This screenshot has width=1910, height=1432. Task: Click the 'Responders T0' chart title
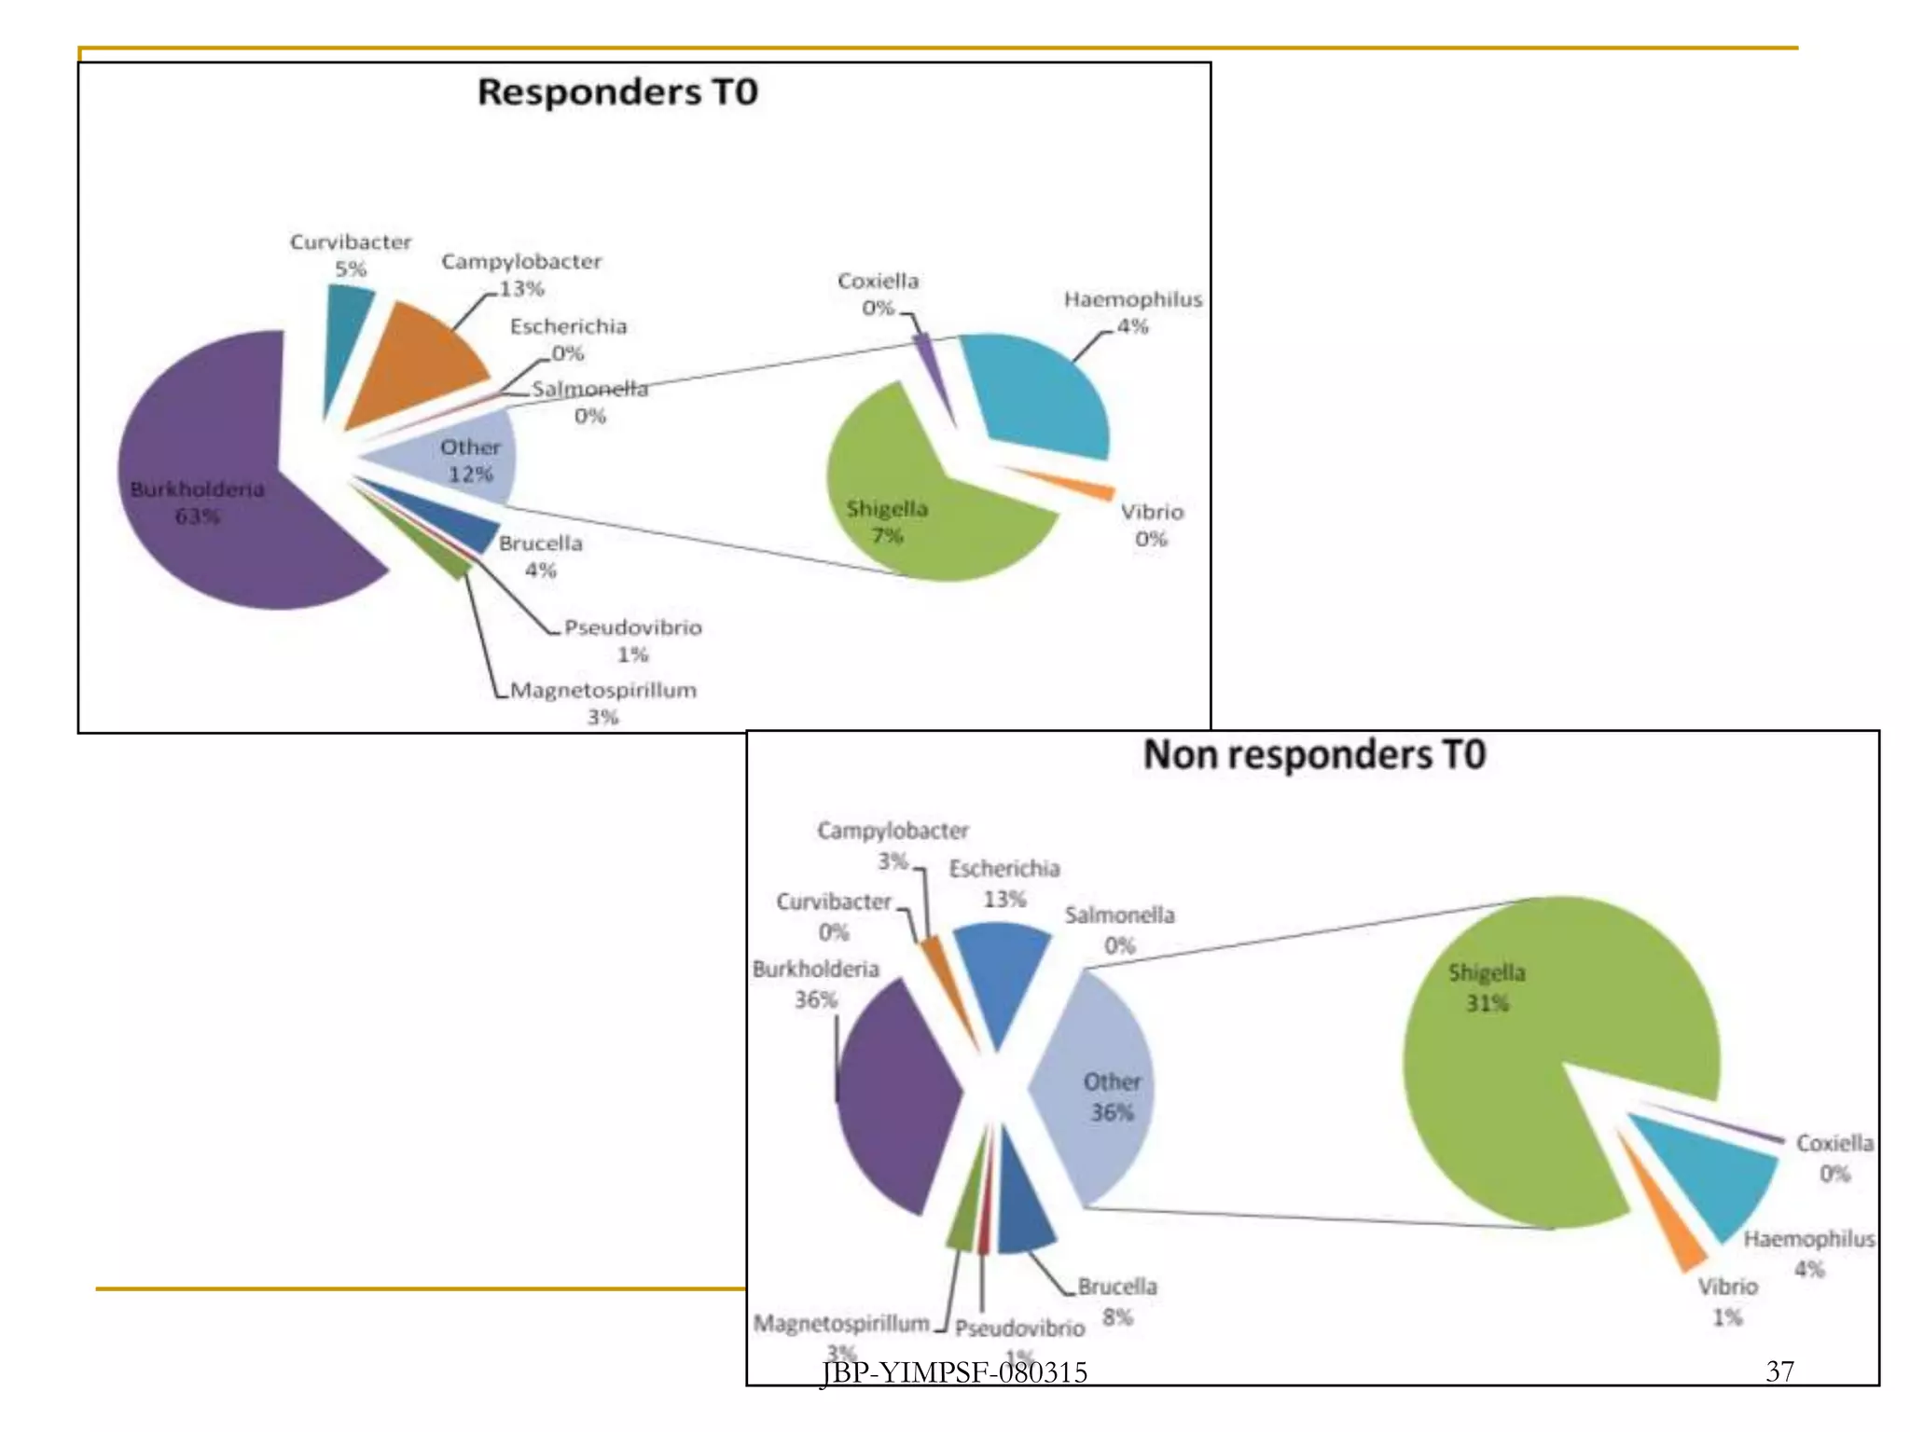click(617, 92)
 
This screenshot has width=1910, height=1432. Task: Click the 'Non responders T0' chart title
click(1314, 754)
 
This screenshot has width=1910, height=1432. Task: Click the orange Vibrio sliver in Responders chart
click(1073, 483)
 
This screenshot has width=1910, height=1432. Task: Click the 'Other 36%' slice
click(1100, 1091)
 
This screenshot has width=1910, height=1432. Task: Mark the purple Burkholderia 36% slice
click(895, 1100)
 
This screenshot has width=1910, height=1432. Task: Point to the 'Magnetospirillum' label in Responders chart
click(603, 691)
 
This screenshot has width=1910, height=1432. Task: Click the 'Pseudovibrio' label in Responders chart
click(633, 627)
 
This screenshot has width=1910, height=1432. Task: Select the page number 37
click(1779, 1371)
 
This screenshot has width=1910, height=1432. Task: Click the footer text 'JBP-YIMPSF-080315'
click(954, 1372)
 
